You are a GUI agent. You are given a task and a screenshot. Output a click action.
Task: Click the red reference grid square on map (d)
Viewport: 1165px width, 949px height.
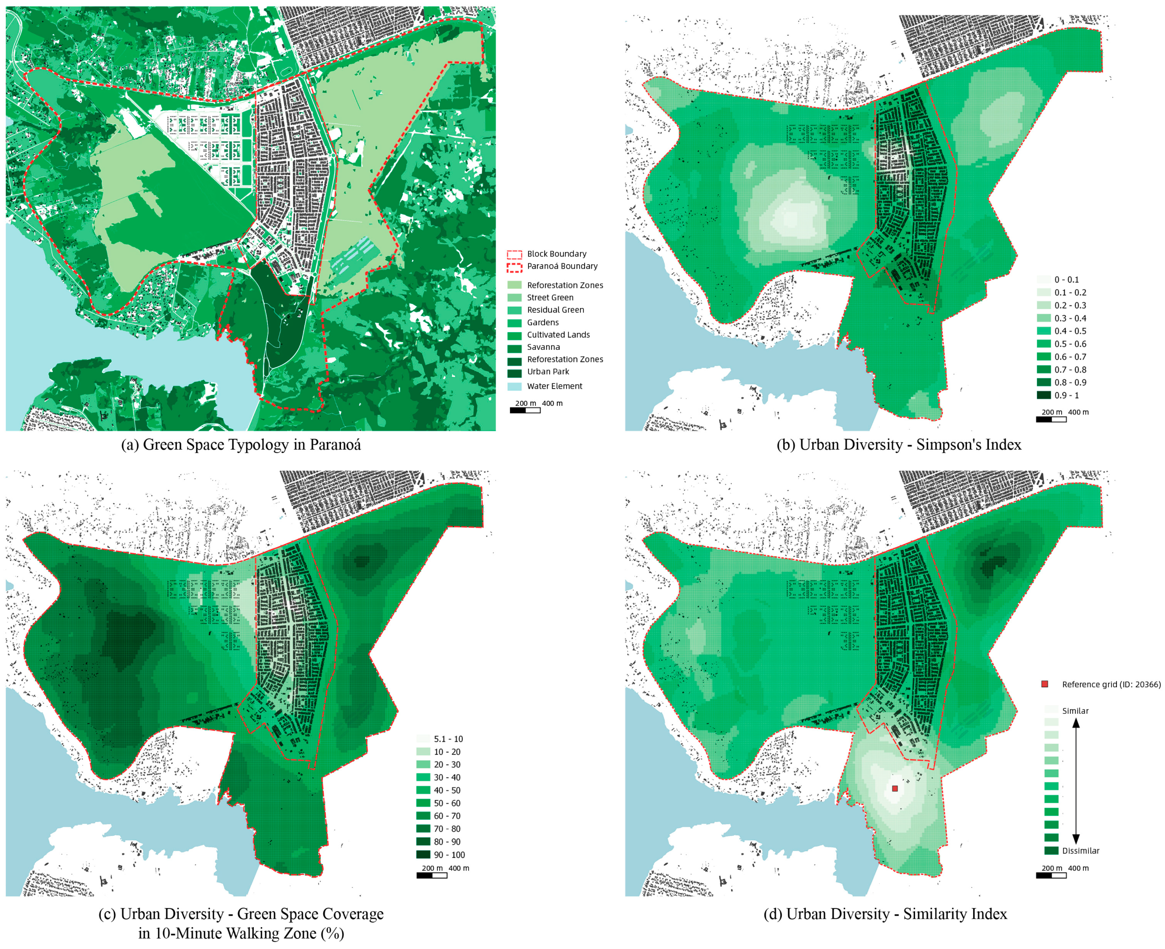click(x=895, y=788)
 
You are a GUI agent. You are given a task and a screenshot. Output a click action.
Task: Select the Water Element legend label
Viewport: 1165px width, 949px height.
click(x=554, y=386)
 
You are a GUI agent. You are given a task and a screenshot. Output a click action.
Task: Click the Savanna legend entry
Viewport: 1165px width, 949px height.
click(x=543, y=347)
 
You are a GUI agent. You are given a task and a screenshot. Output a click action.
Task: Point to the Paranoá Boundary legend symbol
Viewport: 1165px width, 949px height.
click(x=515, y=267)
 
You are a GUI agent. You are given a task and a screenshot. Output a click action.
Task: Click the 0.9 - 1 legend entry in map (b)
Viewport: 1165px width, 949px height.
click(x=1066, y=395)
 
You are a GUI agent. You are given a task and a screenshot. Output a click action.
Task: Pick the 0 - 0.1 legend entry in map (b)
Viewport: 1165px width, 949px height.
click(x=1066, y=280)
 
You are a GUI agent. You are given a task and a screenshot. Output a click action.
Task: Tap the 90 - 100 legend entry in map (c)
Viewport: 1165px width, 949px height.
click(x=449, y=855)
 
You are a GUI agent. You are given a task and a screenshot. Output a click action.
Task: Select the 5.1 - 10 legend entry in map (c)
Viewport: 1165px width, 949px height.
click(x=448, y=739)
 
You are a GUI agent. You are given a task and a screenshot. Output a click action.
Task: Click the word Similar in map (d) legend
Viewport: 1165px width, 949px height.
click(x=1075, y=710)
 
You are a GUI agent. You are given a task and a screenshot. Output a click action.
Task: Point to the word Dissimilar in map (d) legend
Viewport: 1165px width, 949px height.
click(x=1080, y=850)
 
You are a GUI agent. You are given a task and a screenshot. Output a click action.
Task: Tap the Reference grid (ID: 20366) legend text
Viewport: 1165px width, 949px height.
click(x=1111, y=684)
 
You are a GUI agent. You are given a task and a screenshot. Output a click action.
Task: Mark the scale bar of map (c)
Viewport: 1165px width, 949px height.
click(x=432, y=875)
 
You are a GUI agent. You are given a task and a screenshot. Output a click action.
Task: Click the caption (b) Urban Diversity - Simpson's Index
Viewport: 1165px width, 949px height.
click(x=899, y=445)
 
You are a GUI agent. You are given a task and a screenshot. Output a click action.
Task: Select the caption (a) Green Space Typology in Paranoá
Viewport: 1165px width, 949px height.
click(x=241, y=445)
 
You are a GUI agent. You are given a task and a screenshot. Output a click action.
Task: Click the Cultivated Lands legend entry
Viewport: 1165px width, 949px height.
click(x=558, y=335)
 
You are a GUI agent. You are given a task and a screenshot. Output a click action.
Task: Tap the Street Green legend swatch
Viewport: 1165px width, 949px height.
click(x=515, y=298)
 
